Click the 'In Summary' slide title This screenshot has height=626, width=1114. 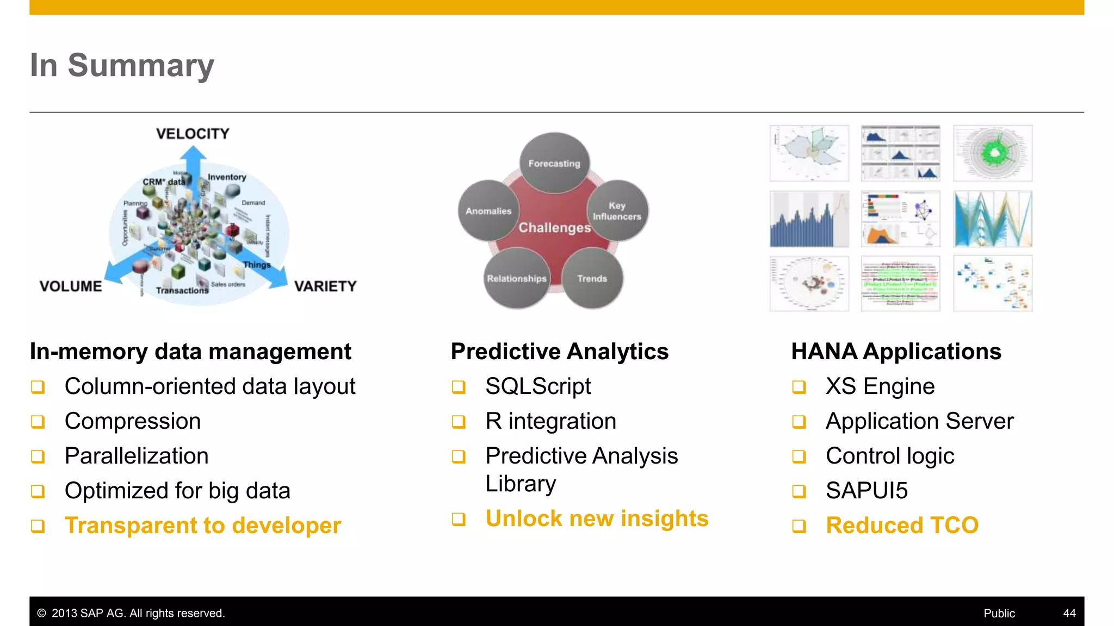122,65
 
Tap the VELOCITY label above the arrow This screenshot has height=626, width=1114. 193,134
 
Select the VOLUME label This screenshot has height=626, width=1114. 71,286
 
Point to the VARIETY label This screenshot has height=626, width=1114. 325,286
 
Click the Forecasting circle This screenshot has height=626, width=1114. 554,163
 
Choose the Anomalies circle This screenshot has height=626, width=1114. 488,211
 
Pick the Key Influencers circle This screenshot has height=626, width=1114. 617,211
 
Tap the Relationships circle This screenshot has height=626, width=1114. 517,278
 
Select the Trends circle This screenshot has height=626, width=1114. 592,278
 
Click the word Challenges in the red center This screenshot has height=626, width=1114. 554,228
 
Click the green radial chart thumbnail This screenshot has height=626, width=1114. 993,153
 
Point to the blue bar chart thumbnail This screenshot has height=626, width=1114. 809,219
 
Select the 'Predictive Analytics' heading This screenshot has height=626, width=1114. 560,352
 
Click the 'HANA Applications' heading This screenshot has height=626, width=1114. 896,352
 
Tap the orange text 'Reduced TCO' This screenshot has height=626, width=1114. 902,525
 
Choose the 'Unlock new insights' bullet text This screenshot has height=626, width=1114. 597,518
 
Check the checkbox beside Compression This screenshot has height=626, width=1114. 38,422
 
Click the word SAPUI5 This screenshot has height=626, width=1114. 867,491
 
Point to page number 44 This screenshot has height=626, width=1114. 1069,613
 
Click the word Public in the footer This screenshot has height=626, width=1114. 999,613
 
